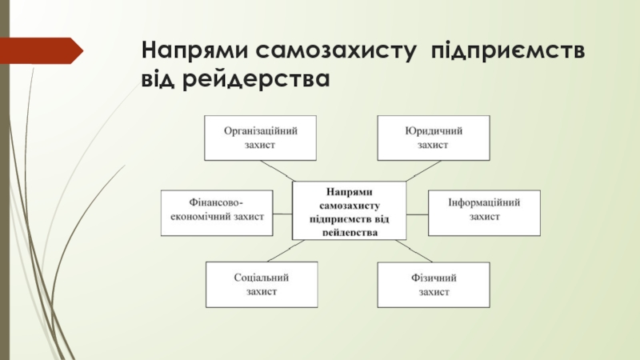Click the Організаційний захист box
261,138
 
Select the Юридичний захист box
433,138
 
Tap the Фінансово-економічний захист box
217,212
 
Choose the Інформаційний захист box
485,212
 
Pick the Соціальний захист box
261,285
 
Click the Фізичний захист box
433,285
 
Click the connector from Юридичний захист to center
422,170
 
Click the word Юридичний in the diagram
433,130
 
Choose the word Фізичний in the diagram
433,278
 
